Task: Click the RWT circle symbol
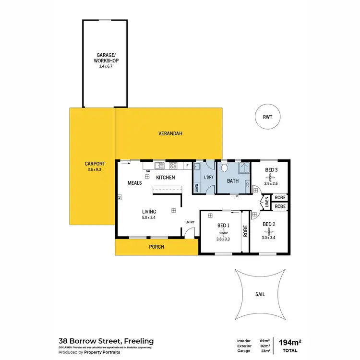pos(266,117)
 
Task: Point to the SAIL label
pos(260,295)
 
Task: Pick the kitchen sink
pos(160,166)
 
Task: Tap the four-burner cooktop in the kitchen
pos(173,166)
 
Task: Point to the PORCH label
pos(156,247)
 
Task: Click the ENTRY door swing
pos(191,232)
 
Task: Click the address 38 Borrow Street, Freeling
pos(106,341)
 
